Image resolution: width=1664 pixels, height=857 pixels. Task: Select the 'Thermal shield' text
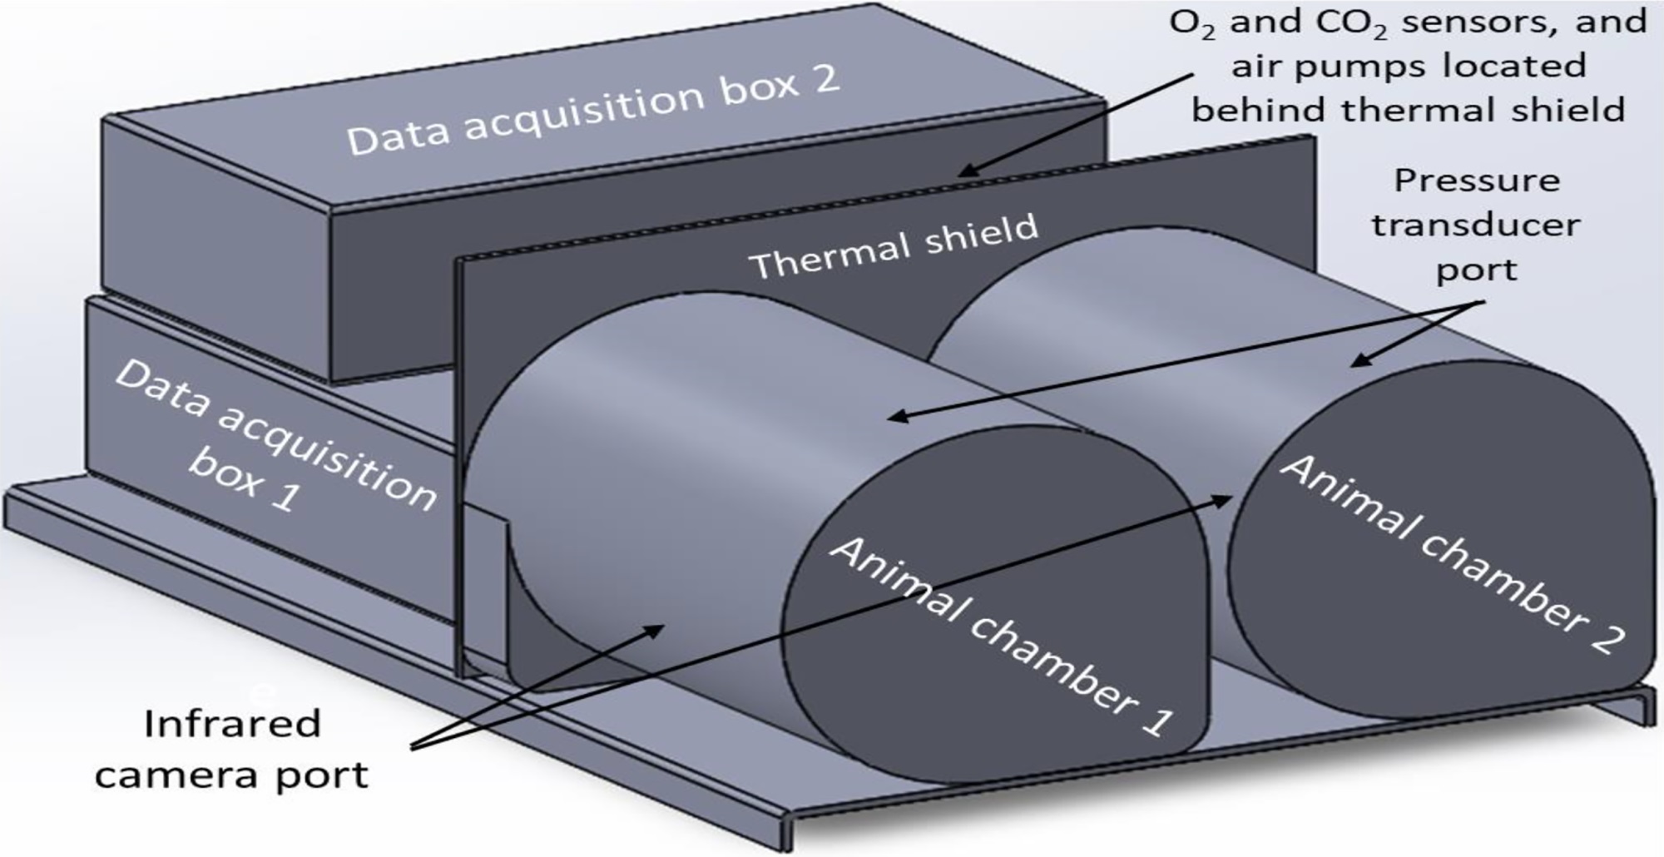pyautogui.click(x=894, y=247)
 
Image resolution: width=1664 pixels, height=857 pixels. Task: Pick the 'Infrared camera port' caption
pyautogui.click(x=231, y=749)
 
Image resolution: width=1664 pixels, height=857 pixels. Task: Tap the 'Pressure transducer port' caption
pyautogui.click(x=1476, y=225)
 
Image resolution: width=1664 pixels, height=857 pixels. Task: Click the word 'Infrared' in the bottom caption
pyautogui.click(x=231, y=724)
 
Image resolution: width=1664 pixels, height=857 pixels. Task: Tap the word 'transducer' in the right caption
pyautogui.click(x=1476, y=225)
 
